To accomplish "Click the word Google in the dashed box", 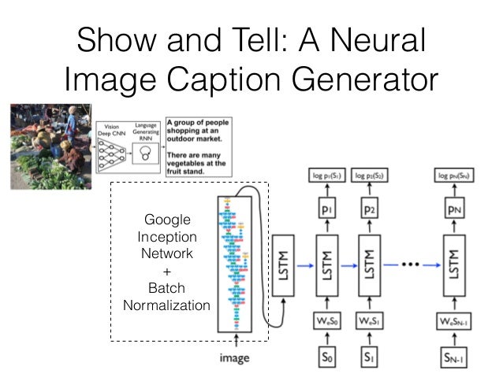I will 166,220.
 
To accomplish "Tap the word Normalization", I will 166,305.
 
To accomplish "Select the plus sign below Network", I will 166,271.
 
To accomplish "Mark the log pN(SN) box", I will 454,175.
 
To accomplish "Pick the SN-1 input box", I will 454,356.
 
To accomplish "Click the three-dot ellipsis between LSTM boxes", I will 411,263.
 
